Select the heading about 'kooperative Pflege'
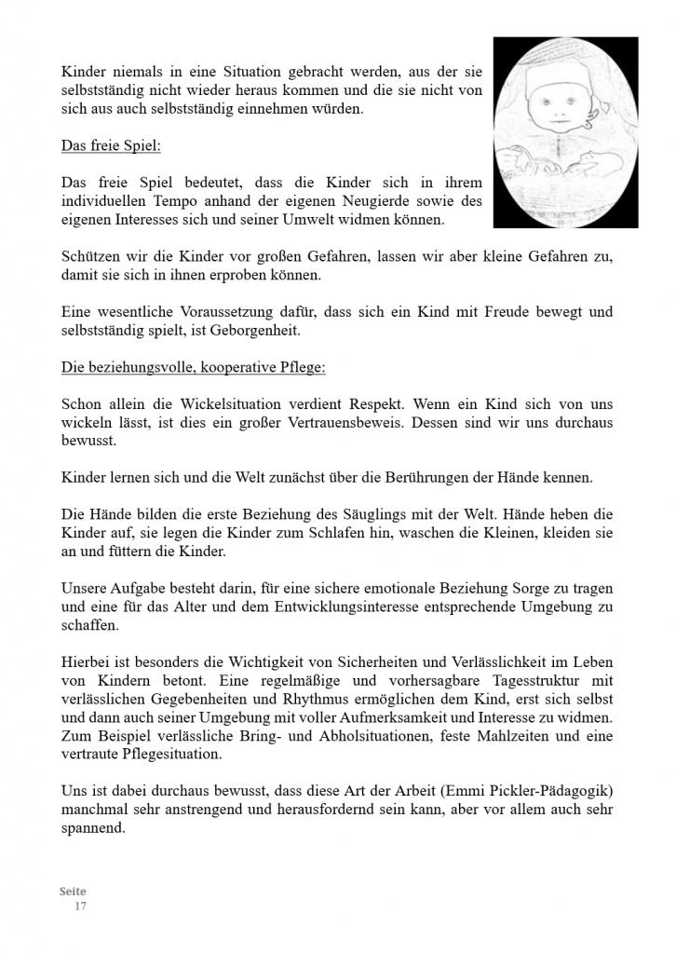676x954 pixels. pos(193,367)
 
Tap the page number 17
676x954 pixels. pos(80,906)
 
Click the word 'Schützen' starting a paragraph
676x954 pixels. pos(89,257)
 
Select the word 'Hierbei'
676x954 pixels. pos(87,662)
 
